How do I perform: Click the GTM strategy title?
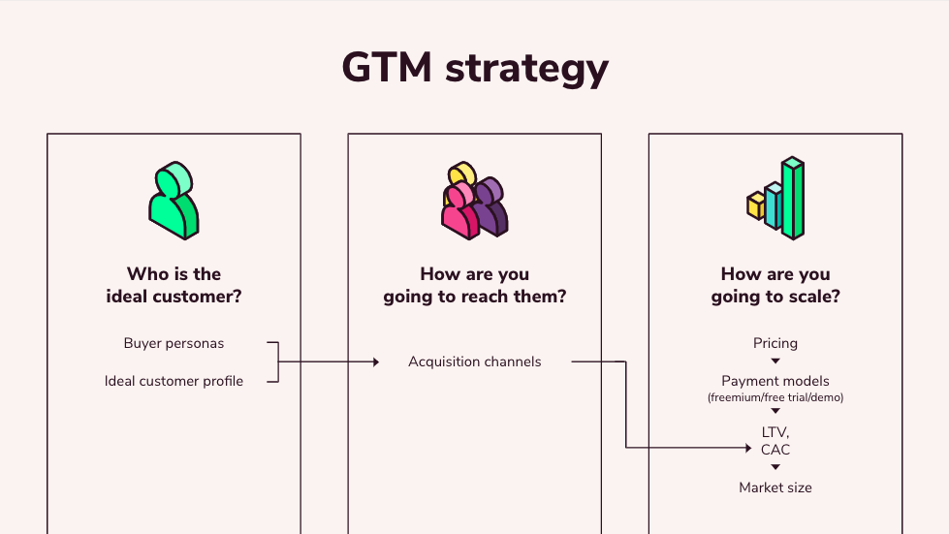[475, 69]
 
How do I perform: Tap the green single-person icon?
[174, 201]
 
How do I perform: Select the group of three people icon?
[474, 201]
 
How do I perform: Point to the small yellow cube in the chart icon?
[756, 205]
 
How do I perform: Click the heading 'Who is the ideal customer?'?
[174, 285]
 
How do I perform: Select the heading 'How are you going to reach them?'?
[474, 285]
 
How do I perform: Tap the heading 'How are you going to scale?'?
[775, 285]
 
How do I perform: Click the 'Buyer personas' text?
[174, 343]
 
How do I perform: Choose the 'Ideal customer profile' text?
[174, 381]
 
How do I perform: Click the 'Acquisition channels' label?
[474, 361]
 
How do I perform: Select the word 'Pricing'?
[775, 343]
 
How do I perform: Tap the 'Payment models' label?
[775, 381]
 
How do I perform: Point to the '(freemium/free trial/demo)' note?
[775, 397]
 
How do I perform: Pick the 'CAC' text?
[775, 450]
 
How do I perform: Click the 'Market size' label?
[775, 487]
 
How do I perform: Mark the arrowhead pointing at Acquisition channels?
[375, 362]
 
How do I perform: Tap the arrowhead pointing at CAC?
[748, 448]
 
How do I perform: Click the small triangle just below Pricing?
[775, 361]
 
